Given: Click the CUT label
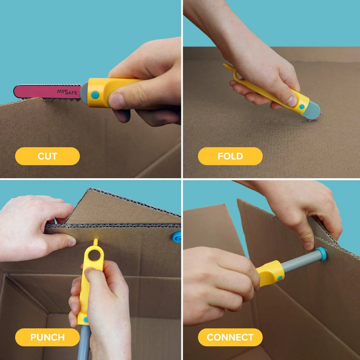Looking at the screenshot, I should coord(47,156).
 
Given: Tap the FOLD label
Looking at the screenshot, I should coord(230,156).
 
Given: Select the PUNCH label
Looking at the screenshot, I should coord(47,337).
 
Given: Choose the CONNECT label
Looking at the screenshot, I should coord(230,337).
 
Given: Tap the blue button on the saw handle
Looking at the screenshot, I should coord(95,95).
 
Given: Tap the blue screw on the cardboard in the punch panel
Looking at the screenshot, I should coord(177,237).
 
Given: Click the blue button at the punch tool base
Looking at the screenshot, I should coord(85,319).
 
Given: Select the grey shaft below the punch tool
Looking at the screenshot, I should coord(84,342).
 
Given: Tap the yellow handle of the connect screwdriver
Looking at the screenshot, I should coord(270,273).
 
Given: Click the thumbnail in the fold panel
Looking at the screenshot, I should coord(292,99).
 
